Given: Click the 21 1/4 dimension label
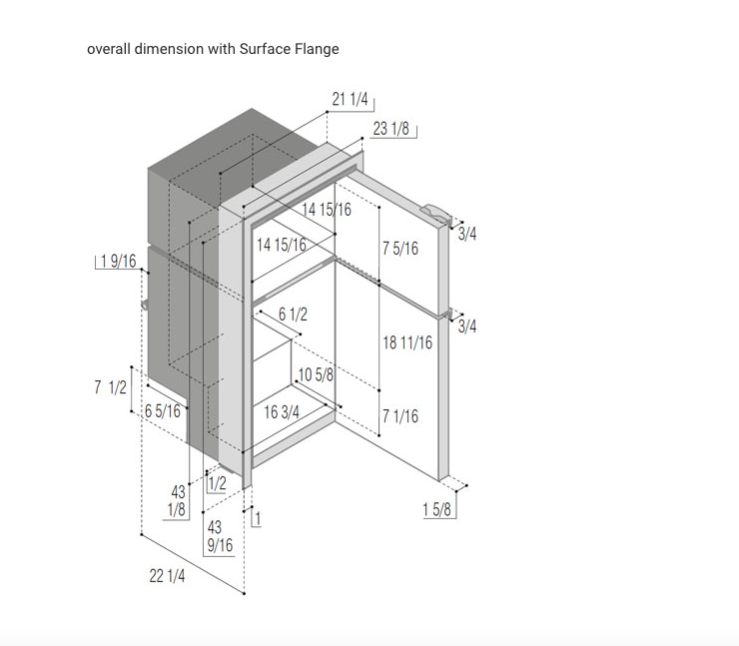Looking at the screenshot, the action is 350,100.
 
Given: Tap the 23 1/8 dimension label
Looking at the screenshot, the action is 390,128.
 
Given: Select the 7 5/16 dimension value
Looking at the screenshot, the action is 400,249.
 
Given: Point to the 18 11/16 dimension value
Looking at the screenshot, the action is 407,342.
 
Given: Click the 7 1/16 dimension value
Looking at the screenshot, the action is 400,416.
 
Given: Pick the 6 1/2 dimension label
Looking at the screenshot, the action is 293,315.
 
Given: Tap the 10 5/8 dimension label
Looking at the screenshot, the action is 316,375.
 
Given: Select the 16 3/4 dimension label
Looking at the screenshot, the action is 282,412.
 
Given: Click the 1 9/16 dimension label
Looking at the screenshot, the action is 118,261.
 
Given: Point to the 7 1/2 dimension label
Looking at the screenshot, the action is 110,387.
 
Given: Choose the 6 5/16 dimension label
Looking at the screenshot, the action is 163,411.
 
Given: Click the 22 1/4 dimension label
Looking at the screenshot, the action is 167,576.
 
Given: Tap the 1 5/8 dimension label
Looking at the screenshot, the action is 436,509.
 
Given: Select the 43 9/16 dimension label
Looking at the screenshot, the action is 220,536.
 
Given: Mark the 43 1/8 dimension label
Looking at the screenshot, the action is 177,501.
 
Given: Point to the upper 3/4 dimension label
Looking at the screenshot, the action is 467,234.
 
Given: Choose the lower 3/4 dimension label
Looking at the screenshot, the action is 467,326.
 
